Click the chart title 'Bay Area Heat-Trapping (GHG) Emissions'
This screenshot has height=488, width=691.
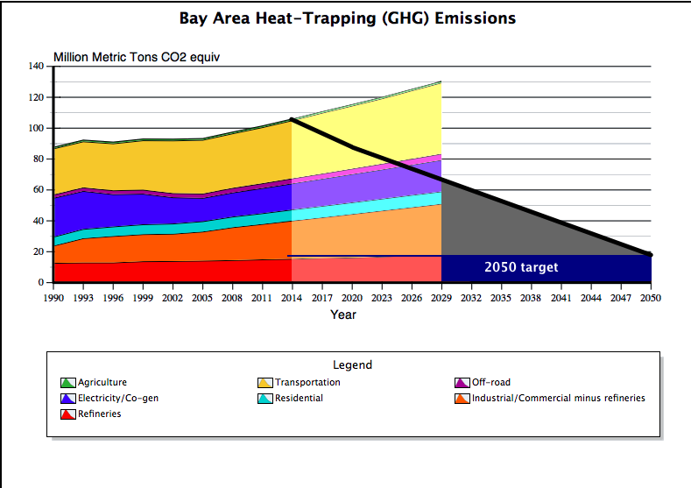coord(347,18)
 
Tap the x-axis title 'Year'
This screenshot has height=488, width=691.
coord(342,315)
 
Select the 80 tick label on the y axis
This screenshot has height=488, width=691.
coord(38,159)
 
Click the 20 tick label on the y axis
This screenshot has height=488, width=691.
coord(38,251)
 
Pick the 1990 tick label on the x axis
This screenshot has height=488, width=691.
coord(53,298)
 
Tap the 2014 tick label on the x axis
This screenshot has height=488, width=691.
coord(293,298)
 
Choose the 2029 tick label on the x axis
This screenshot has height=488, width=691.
coord(441,298)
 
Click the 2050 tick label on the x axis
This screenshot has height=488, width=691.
coord(650,298)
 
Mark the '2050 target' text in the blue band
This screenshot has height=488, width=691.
coord(521,267)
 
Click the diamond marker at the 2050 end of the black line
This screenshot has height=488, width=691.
coord(649,254)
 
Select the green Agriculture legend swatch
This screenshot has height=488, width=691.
coord(68,383)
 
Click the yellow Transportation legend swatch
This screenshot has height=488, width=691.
coord(265,383)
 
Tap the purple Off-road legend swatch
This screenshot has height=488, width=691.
coord(462,383)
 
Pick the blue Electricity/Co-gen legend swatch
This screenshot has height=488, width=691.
coord(68,399)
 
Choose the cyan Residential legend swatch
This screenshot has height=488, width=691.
coord(265,399)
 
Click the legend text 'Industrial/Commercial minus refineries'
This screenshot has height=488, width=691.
coord(558,398)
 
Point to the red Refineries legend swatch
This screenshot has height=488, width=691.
coord(68,414)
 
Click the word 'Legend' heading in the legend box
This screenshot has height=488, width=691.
coord(352,364)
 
